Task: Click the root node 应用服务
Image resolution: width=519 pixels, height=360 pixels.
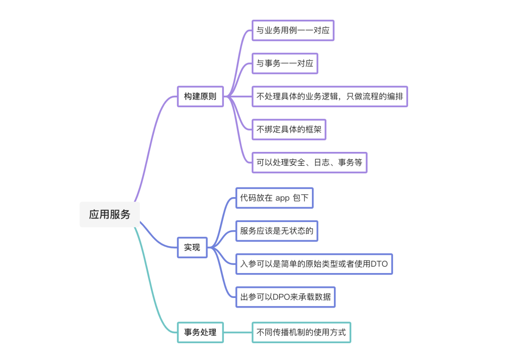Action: [x=110, y=214]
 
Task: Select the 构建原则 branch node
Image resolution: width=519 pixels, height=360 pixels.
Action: [x=200, y=96]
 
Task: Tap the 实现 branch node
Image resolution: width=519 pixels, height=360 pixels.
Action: [x=192, y=248]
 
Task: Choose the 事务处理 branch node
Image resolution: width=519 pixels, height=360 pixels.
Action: [x=200, y=332]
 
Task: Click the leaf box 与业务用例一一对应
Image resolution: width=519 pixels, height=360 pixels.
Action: [x=293, y=30]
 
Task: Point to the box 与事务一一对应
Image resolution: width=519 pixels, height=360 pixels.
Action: [x=284, y=63]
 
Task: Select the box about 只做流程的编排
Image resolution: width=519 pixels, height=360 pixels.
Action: [x=330, y=96]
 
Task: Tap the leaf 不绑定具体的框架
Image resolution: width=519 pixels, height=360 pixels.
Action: [x=289, y=129]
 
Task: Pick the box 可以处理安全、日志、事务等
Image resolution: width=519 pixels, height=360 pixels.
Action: [x=309, y=162]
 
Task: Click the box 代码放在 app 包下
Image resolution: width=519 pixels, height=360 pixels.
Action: [x=274, y=198]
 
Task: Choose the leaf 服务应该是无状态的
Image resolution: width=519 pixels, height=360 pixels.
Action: [x=277, y=231]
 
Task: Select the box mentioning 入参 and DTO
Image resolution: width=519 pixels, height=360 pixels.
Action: [x=314, y=264]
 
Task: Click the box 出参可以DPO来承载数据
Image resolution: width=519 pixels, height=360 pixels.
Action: [x=285, y=297]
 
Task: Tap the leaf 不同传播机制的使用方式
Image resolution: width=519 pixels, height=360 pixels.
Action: [x=301, y=332]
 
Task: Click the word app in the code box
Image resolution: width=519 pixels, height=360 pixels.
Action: [x=283, y=198]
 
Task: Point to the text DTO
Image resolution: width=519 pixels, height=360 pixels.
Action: [x=379, y=264]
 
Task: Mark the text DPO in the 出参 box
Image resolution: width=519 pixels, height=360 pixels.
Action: [x=281, y=297]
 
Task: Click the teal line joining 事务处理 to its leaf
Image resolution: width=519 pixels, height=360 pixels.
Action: [x=238, y=332]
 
